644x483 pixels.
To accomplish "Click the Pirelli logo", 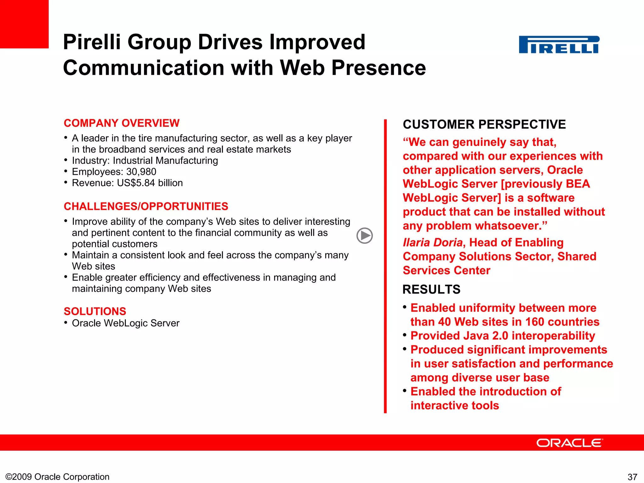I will [559, 45].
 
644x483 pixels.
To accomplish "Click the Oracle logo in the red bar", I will [569, 443].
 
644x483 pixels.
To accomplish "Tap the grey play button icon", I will [364, 236].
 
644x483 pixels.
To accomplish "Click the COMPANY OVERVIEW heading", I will [121, 123].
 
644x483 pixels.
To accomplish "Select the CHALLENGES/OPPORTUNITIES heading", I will [146, 206].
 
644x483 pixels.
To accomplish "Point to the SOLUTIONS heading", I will [95, 311].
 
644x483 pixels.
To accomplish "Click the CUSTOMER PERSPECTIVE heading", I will [484, 125].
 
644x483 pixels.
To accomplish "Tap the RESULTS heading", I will [431, 289].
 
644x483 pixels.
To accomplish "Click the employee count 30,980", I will [141, 172].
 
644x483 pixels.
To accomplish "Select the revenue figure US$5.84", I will [136, 183].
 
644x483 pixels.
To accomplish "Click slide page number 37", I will [632, 477].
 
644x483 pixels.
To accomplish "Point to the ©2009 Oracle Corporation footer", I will [58, 477].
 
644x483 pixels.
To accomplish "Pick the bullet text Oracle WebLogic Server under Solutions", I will [125, 323].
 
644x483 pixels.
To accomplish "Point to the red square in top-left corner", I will [24, 24].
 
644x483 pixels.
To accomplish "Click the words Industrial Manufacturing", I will [165, 161].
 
